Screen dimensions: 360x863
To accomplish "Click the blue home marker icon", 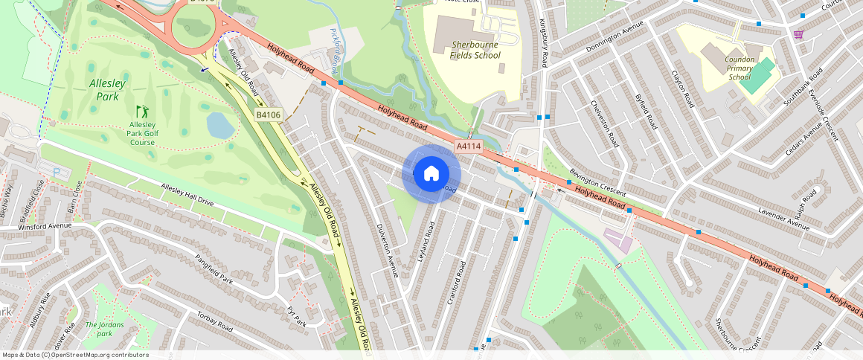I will pyautogui.click(x=431, y=174).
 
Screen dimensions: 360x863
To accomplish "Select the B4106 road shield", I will pyautogui.click(x=268, y=115).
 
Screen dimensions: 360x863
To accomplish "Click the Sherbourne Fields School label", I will pyautogui.click(x=476, y=50).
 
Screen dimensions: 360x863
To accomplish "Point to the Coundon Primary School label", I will pyautogui.click(x=740, y=68).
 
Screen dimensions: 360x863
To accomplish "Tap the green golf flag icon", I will pyautogui.click(x=141, y=111).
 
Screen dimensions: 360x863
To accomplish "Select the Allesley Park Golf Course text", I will pyautogui.click(x=142, y=133).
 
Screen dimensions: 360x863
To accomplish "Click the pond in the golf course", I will pyautogui.click(x=220, y=126).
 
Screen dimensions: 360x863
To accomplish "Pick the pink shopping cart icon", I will pyautogui.click(x=798, y=34).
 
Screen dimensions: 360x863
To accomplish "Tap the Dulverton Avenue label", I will pyautogui.click(x=388, y=250).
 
